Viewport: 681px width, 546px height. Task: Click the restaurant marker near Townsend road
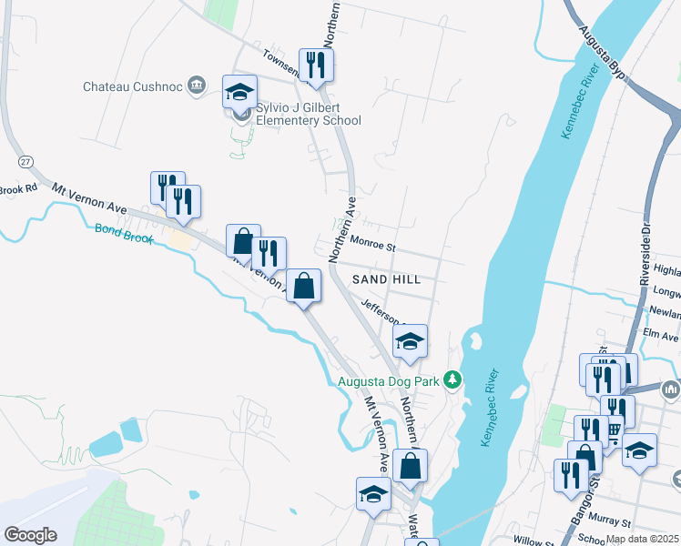pos(316,66)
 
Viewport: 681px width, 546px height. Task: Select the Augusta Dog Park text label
pos(390,381)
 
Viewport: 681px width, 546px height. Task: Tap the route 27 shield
pos(25,160)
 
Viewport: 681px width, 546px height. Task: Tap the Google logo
pos(30,535)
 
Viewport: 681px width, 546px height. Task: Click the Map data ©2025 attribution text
pos(642,539)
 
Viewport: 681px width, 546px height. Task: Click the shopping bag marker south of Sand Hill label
pos(304,287)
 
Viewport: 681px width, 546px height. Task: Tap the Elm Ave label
pos(662,335)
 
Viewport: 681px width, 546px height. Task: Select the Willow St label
pos(534,540)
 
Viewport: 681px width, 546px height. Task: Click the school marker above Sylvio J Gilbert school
pos(239,92)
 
